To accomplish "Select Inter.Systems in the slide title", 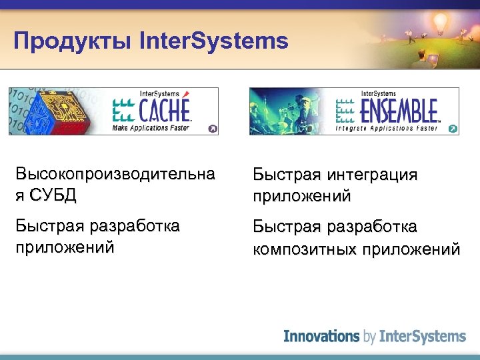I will coord(214,41).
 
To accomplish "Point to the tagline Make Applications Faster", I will coord(151,127).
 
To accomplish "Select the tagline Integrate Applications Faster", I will coord(386,127).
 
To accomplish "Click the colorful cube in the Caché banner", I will coord(57,111).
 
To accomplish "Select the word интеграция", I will coord(372,175).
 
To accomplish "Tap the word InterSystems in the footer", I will coord(422,337).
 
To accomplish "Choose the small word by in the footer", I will coord(370,337).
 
